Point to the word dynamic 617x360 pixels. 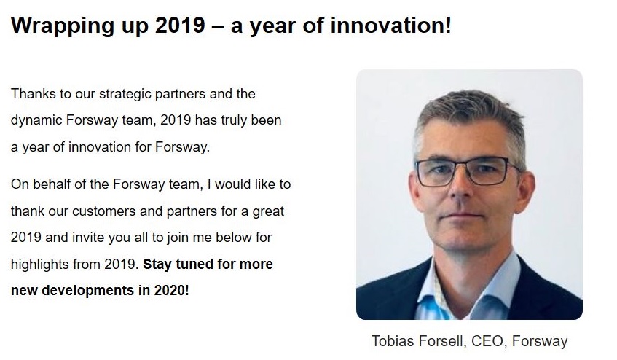(36, 121)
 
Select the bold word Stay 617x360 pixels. (157, 265)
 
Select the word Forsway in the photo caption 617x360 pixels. (540, 342)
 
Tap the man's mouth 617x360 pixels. (461, 216)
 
